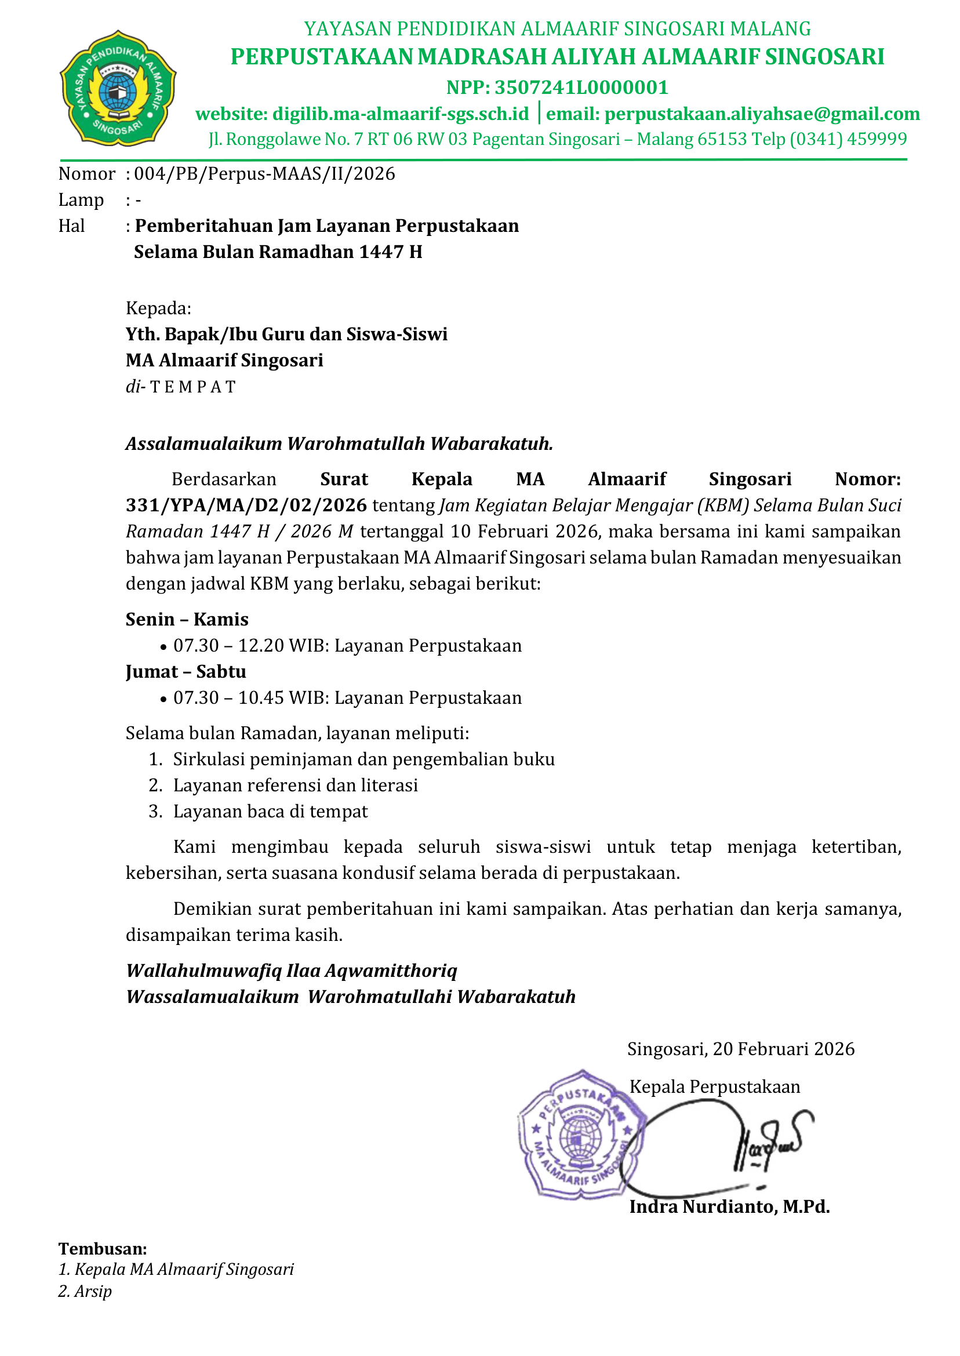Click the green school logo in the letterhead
click(118, 88)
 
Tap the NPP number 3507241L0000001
click(581, 88)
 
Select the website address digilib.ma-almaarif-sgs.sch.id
click(400, 114)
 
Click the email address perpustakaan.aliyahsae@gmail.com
click(762, 114)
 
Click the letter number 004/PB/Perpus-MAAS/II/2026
click(264, 174)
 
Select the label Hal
click(71, 226)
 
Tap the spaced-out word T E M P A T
click(192, 387)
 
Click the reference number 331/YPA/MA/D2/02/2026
click(246, 506)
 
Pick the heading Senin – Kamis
click(187, 619)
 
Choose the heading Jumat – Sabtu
click(186, 671)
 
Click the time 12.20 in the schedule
click(261, 645)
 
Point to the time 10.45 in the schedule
click(261, 697)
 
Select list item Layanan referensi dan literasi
click(295, 785)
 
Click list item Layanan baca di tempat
click(270, 811)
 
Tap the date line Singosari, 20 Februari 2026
click(741, 1049)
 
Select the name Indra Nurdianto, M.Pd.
click(729, 1206)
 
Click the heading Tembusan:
click(102, 1248)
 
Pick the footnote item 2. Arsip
click(85, 1291)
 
